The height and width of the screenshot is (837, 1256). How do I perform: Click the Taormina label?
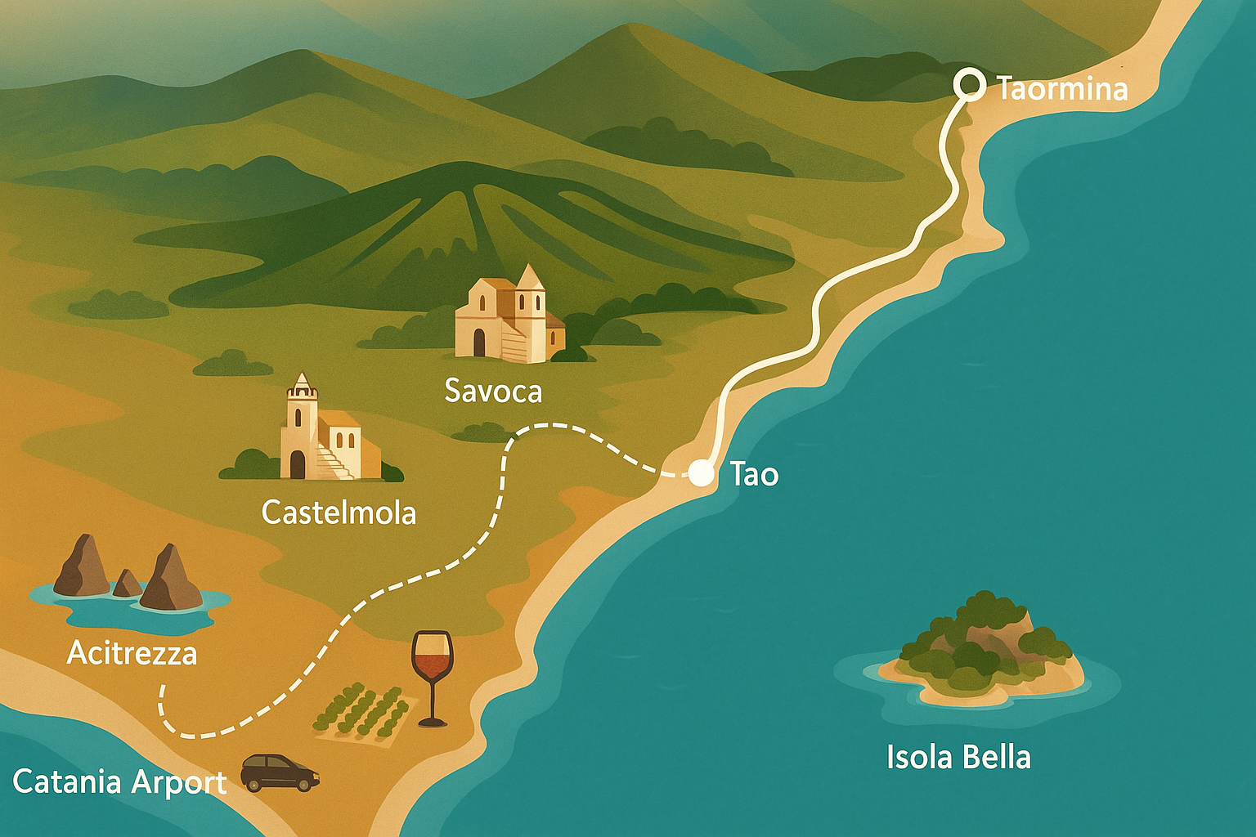[1062, 88]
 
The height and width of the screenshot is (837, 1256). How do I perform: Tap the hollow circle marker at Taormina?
[970, 83]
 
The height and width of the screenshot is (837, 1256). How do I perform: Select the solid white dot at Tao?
[701, 474]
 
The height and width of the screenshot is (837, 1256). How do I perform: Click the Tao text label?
[754, 475]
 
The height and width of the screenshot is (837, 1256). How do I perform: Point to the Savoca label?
[493, 392]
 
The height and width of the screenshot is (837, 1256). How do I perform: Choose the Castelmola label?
[339, 513]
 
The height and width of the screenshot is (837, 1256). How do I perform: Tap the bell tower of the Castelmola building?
[302, 409]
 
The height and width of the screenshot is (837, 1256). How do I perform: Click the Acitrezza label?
[132, 653]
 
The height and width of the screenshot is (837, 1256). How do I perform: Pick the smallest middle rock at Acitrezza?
[127, 584]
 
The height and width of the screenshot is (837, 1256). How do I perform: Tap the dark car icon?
[280, 772]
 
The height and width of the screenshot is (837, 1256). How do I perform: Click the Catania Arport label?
[119, 782]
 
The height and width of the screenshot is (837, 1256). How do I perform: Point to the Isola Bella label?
[958, 758]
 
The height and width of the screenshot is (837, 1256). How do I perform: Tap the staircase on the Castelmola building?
[334, 463]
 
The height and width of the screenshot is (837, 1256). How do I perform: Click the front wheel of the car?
[306, 785]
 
